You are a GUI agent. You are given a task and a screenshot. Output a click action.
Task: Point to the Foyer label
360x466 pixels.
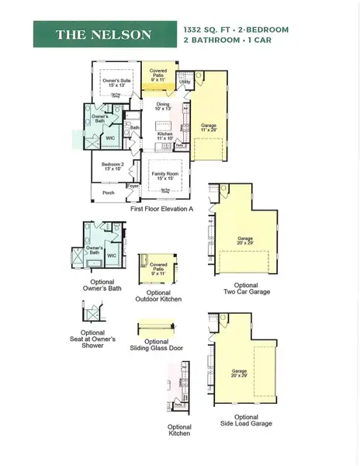tap(133, 186)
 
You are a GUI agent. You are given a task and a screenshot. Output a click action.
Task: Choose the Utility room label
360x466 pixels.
tap(185, 80)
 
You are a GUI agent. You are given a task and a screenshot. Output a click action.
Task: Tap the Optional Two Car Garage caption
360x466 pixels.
tap(246, 290)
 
